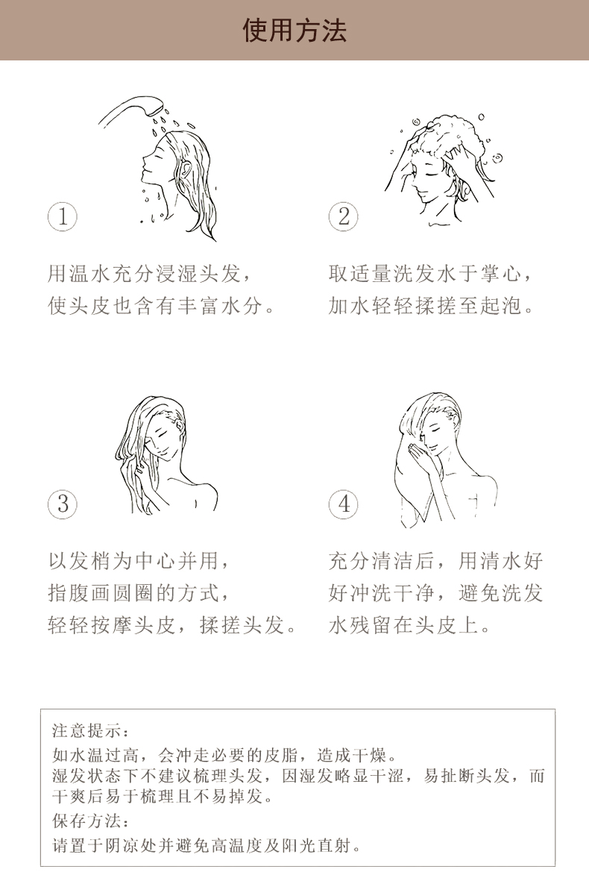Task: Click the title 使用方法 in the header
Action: coord(294,30)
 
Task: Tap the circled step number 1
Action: coord(63,217)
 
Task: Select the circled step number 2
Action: coord(344,217)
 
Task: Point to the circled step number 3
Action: coord(63,504)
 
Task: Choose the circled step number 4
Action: coord(344,504)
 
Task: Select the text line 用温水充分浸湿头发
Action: coord(147,274)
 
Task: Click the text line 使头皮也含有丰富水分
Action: coord(162,306)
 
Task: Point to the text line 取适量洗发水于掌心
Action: coord(429,274)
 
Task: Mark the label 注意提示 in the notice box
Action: coord(89,730)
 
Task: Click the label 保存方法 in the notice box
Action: coord(89,821)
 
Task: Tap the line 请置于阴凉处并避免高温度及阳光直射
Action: coord(207,845)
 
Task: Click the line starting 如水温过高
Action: coord(224,755)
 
